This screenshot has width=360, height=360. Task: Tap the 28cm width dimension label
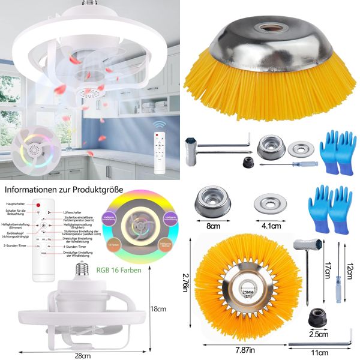[x=83, y=355]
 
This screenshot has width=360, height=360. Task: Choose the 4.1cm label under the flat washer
[x=271, y=226]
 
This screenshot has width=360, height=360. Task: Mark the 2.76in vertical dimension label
[x=186, y=287]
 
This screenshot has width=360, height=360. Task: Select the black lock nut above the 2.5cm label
[x=316, y=316]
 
